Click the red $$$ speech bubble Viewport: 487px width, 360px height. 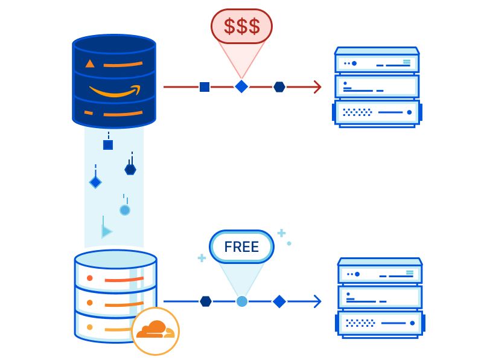pos(241,26)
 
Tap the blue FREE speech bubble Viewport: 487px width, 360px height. pos(241,247)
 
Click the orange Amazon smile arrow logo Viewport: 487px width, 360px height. pos(115,91)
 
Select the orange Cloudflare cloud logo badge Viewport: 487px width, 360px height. pos(156,331)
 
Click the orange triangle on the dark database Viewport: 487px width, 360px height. pos(90,64)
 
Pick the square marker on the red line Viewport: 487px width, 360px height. pos(205,87)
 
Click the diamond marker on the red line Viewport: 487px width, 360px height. pos(241,86)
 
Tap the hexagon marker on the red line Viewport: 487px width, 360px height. pos(279,87)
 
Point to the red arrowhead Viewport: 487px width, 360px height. pos(317,87)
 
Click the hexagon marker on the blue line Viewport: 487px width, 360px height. pos(206,301)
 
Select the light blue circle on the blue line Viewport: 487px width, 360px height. pos(242,301)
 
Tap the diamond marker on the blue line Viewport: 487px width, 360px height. pos(279,301)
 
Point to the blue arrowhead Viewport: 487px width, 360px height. pos(317,301)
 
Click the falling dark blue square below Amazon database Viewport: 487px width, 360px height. pos(108,145)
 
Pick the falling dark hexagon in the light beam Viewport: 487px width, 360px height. pos(130,170)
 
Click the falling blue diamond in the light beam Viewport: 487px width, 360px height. pos(95,182)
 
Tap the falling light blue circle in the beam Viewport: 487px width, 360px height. pos(125,210)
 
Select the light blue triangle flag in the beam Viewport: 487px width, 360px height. pos(106,231)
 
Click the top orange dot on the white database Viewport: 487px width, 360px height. pos(90,278)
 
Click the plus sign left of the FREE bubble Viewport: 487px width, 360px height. pos(202,258)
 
